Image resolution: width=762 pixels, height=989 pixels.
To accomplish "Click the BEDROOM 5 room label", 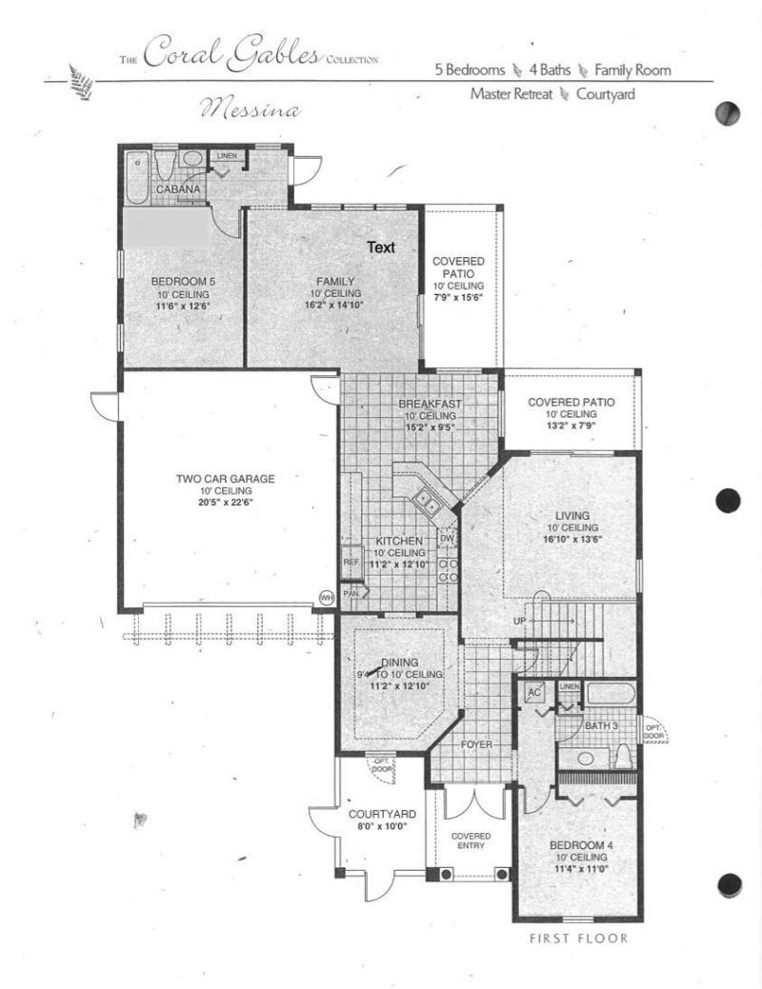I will (181, 282).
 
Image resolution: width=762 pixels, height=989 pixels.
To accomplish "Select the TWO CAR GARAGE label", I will (225, 479).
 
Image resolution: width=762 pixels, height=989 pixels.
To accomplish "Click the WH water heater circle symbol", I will (326, 598).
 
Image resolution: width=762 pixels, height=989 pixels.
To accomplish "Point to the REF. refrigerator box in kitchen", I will (351, 563).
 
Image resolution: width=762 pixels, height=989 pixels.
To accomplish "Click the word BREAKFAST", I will (430, 404).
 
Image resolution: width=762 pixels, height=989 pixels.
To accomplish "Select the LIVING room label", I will (571, 514).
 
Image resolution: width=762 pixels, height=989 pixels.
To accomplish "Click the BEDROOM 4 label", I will (579, 844).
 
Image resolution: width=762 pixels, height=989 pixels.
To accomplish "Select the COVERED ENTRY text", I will (471, 840).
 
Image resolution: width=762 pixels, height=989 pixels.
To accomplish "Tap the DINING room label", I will (400, 663).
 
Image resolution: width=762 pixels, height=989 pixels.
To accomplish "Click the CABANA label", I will (178, 189).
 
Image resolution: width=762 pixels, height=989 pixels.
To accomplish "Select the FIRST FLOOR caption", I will (579, 939).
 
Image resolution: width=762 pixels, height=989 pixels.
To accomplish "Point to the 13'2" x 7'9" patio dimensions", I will (571, 427).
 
